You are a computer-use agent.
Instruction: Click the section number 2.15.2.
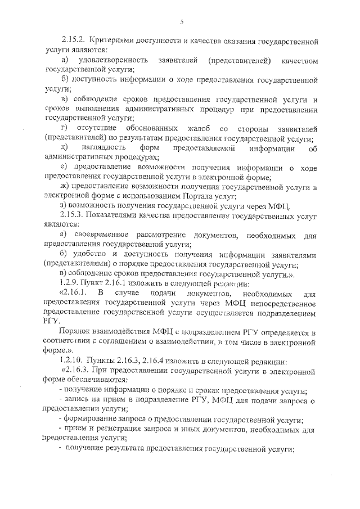tap(73, 42)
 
